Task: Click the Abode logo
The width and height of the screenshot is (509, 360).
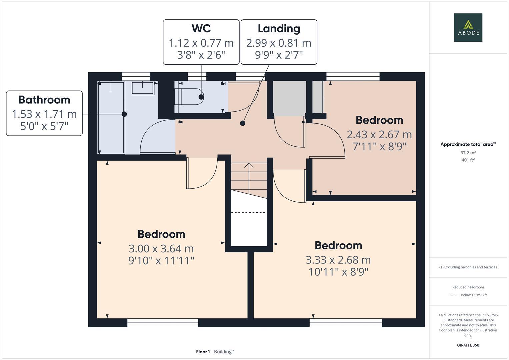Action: click(x=468, y=28)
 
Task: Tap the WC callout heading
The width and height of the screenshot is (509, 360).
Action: click(x=201, y=28)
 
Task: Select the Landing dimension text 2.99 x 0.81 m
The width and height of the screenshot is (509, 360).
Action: click(x=279, y=43)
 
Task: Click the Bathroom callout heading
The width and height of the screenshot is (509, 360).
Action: click(x=44, y=100)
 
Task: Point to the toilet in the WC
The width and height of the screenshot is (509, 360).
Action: click(x=189, y=97)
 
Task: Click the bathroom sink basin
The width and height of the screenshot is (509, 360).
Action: click(x=143, y=88)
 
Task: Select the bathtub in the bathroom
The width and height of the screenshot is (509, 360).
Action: click(x=111, y=117)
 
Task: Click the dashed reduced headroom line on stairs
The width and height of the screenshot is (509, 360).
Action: click(x=248, y=212)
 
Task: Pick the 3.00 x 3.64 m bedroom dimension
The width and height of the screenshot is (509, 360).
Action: click(x=161, y=249)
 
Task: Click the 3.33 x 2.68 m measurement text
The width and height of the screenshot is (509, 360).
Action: click(x=338, y=260)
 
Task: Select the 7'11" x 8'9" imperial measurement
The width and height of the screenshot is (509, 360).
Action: click(x=379, y=146)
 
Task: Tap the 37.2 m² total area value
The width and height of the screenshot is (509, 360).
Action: click(x=468, y=153)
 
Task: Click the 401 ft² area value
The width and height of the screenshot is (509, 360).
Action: click(x=468, y=160)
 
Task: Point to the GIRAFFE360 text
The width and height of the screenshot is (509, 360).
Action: click(x=468, y=345)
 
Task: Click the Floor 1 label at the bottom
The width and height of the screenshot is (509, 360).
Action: click(x=203, y=352)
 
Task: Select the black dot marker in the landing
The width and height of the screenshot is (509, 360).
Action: click(x=243, y=123)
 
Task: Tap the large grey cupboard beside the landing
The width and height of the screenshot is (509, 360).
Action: click(x=289, y=98)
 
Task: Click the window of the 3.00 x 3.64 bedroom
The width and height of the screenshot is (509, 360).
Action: click(x=163, y=322)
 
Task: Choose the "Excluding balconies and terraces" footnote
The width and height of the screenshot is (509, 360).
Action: click(x=468, y=267)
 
